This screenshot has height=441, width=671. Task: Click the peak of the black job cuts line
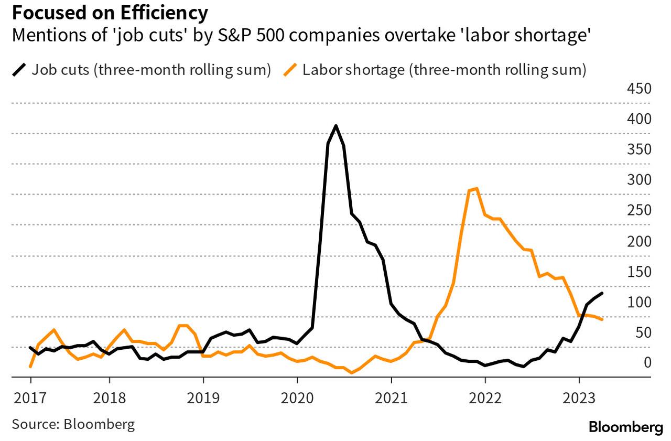pos(335,126)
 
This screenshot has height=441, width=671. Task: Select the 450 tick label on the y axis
pos(638,88)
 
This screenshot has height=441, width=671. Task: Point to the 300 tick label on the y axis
pos(638,180)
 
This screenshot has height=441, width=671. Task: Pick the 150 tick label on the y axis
pos(638,272)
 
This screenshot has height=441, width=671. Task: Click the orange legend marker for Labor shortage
pos(290,70)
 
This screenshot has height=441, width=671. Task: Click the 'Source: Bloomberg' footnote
pos(73,424)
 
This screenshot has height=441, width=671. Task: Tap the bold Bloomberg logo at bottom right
pos(625,427)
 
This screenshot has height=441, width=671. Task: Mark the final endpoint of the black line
pos(602,293)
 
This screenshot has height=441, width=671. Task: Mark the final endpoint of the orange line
pos(602,319)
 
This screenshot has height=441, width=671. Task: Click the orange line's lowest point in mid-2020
pos(352,373)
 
